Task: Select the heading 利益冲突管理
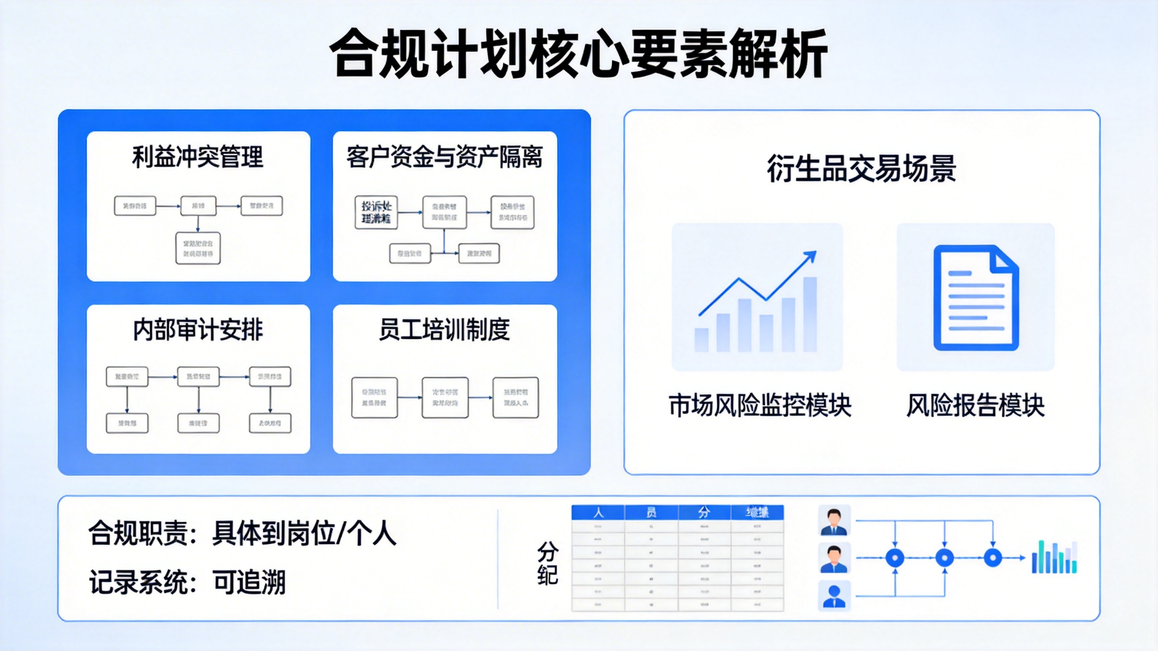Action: pos(198,157)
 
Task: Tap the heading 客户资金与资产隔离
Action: pos(444,157)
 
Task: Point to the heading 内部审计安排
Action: pos(198,330)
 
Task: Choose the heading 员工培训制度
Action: pos(444,330)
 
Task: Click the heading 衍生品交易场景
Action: pos(861,169)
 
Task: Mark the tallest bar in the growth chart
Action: pos(810,314)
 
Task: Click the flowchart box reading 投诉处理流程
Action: pos(376,212)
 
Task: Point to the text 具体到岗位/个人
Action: pos(304,533)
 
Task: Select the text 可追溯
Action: pos(249,582)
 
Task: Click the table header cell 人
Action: pos(598,513)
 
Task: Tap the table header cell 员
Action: pos(651,513)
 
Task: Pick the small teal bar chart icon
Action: pos(1054,557)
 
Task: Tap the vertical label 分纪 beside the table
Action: pos(547,563)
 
